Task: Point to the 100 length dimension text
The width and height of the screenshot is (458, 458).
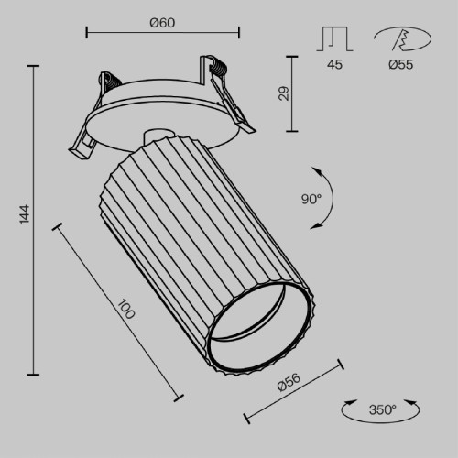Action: pyautogui.click(x=126, y=309)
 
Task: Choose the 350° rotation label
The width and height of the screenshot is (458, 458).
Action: pyautogui.click(x=383, y=409)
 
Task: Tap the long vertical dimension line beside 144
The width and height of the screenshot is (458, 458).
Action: pyautogui.click(x=35, y=220)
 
